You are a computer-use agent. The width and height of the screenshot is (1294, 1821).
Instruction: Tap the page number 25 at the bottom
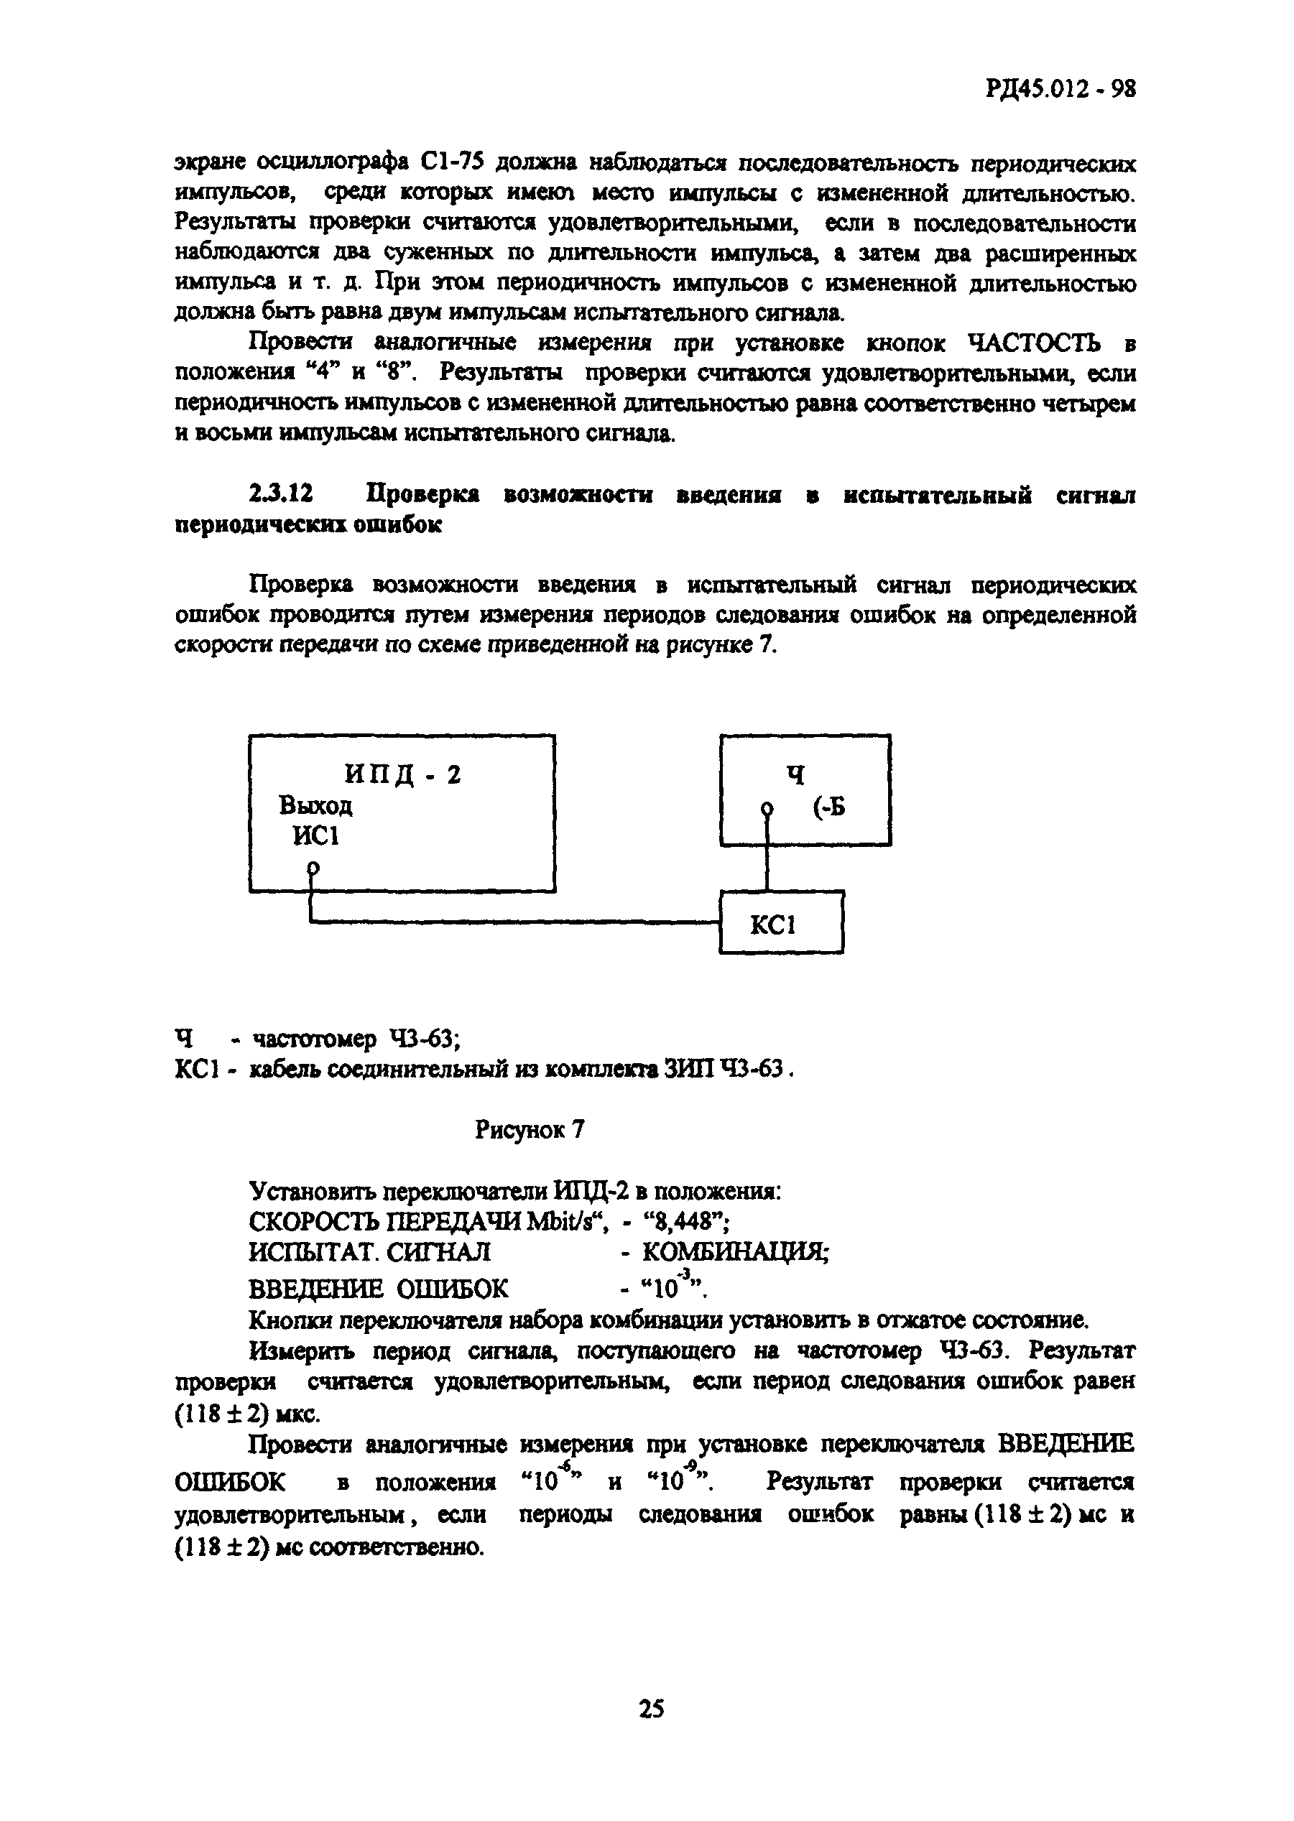click(x=650, y=1709)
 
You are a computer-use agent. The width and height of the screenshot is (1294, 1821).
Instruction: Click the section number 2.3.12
click(x=280, y=495)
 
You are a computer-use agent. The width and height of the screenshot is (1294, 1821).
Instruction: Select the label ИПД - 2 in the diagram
click(x=402, y=774)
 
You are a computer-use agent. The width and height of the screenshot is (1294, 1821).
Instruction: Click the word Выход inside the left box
click(x=315, y=806)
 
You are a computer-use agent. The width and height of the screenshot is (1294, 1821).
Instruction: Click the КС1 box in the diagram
click(x=781, y=924)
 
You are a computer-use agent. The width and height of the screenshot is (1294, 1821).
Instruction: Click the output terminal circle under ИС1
click(x=314, y=868)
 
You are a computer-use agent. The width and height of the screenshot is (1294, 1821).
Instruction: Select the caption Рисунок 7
click(x=530, y=1129)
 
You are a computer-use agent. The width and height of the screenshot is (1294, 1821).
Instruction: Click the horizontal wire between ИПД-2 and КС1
click(x=518, y=922)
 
